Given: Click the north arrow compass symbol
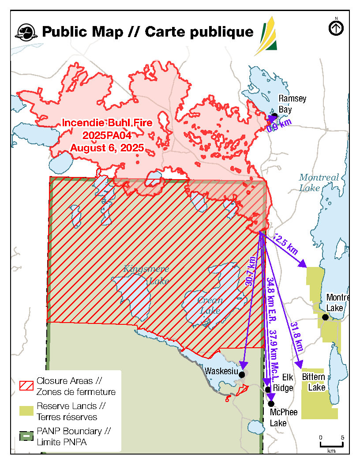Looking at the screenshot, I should [336, 28].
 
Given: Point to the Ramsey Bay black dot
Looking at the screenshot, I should [274, 116].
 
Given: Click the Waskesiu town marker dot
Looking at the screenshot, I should [241, 374].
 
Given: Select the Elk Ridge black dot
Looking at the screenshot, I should [268, 389].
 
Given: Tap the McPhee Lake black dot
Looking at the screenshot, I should [271, 403].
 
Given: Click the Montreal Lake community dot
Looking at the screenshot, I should [325, 317].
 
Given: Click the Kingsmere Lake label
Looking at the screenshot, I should [146, 274].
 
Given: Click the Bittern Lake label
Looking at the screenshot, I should [314, 382].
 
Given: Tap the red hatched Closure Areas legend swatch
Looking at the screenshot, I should [26, 385].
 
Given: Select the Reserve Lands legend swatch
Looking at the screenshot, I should [26, 411].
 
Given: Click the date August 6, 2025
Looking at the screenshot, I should [107, 148].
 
